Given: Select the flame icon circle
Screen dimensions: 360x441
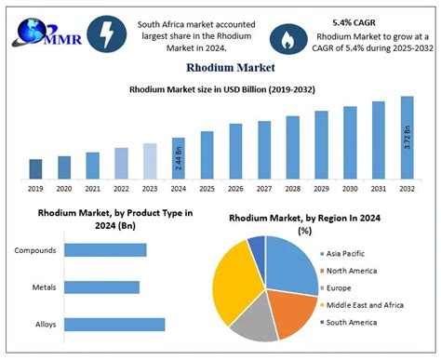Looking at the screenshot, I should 287,37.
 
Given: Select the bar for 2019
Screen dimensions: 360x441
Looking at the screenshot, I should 35,168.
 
